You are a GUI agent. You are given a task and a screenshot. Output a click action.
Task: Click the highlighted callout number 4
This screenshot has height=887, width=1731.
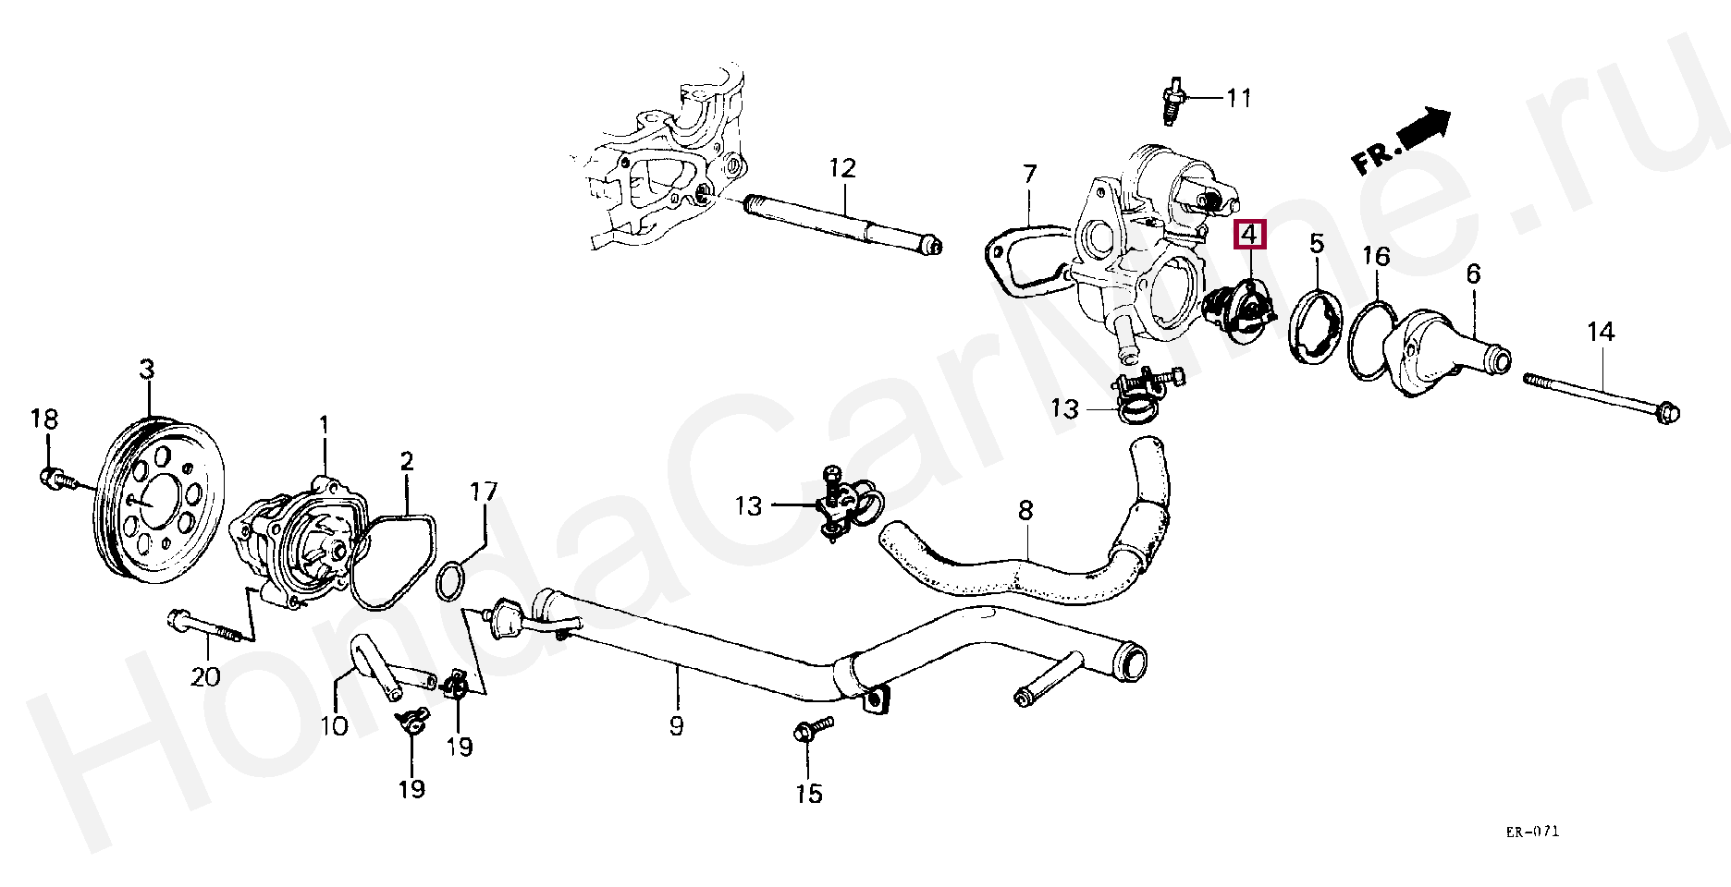click(1249, 236)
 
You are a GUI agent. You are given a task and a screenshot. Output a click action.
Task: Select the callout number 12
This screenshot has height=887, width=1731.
click(842, 168)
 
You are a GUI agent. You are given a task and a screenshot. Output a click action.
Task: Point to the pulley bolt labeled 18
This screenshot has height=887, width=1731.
click(52, 477)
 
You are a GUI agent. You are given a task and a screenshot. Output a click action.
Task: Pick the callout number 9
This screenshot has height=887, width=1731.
click(676, 726)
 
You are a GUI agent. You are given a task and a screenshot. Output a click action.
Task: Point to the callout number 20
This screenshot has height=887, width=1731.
click(205, 676)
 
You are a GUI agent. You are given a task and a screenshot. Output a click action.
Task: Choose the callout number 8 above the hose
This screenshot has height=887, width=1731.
click(1025, 510)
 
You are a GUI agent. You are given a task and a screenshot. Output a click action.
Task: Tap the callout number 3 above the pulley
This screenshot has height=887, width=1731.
click(147, 371)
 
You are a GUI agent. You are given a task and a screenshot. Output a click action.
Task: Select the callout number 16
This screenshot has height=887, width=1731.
click(1376, 256)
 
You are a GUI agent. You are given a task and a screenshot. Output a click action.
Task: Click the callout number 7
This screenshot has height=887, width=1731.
click(1029, 174)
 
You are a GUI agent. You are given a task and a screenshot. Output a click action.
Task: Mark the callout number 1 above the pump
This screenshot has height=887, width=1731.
click(325, 426)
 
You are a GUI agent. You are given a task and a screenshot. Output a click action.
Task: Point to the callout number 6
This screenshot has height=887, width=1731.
click(1473, 273)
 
